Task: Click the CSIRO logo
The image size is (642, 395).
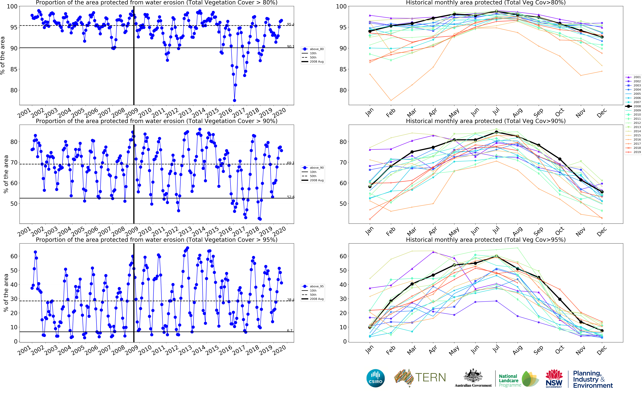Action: (376, 378)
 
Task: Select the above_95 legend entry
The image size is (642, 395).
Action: (313, 286)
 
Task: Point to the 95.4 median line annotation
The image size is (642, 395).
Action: (290, 24)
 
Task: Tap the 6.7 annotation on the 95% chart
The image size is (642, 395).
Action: (289, 330)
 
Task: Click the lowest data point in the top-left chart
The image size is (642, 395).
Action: (235, 100)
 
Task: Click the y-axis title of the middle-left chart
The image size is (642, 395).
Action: (6, 174)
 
